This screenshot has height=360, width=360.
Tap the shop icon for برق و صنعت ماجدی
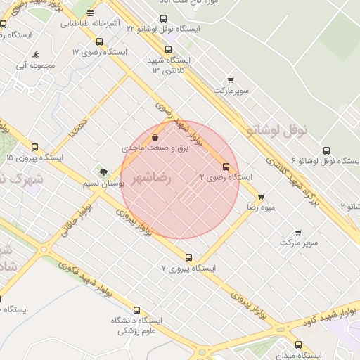(x=155, y=138)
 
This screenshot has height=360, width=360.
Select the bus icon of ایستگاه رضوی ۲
(x=226, y=167)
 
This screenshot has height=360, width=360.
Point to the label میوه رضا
(x=260, y=208)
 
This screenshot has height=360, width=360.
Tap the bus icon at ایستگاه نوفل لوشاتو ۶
(x=326, y=150)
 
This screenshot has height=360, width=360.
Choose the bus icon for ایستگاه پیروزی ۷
(x=188, y=257)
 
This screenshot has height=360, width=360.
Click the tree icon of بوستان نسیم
(x=103, y=172)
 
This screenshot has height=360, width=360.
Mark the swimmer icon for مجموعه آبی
(x=36, y=55)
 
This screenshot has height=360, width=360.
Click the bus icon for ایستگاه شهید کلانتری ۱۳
(x=167, y=49)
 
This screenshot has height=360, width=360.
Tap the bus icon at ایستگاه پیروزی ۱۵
(x=34, y=148)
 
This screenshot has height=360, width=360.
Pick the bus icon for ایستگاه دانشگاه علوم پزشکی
(x=136, y=310)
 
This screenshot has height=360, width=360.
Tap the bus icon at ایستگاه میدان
(x=299, y=345)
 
